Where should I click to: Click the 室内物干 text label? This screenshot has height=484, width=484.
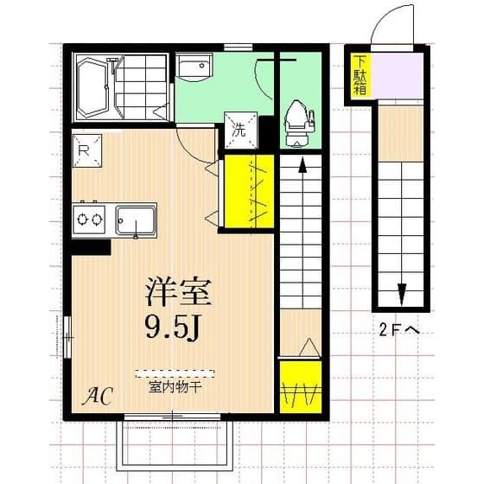pos(175,387)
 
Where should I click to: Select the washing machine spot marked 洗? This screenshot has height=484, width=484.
pos(240,128)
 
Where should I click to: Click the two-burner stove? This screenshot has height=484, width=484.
pos(89,219)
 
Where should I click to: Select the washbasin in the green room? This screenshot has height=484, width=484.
pos(198,68)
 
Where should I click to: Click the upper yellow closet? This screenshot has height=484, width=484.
pos(248,191)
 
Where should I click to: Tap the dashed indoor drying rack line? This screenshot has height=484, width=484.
pos(175,374)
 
